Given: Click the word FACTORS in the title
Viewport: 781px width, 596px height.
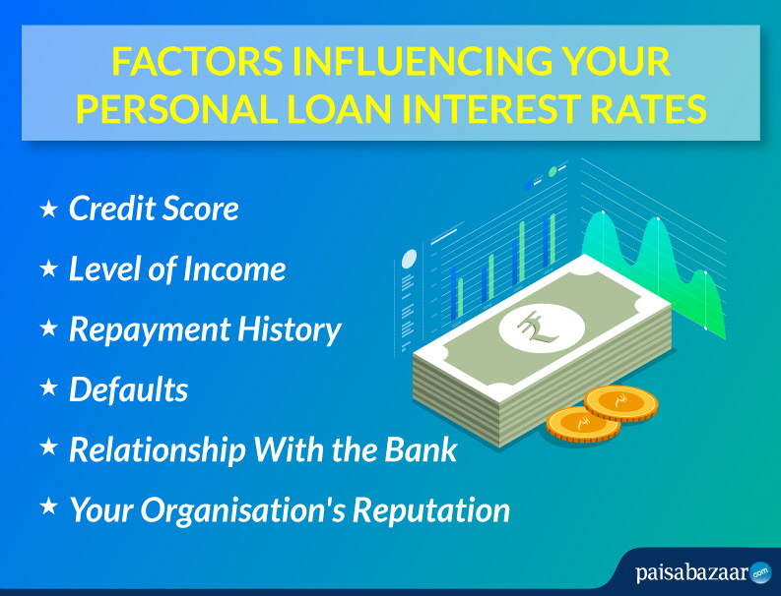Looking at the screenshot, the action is (197, 62).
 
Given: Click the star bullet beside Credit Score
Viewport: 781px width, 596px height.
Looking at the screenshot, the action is (49, 209).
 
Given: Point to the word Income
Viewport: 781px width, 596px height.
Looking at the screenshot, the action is (234, 269).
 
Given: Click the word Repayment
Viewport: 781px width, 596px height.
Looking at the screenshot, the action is (150, 330).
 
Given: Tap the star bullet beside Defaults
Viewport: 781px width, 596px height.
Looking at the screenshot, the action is (49, 387).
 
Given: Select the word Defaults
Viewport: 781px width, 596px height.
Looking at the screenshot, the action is (128, 389).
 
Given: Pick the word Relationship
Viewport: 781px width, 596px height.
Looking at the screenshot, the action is (158, 450).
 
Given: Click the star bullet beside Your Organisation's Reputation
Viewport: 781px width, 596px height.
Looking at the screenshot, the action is (49, 507).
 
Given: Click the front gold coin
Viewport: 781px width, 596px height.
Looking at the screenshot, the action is (583, 424).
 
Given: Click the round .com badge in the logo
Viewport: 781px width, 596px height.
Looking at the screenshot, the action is (760, 573).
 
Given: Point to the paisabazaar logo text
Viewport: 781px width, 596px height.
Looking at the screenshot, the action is (692, 572).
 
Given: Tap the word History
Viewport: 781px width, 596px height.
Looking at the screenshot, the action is (290, 330).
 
